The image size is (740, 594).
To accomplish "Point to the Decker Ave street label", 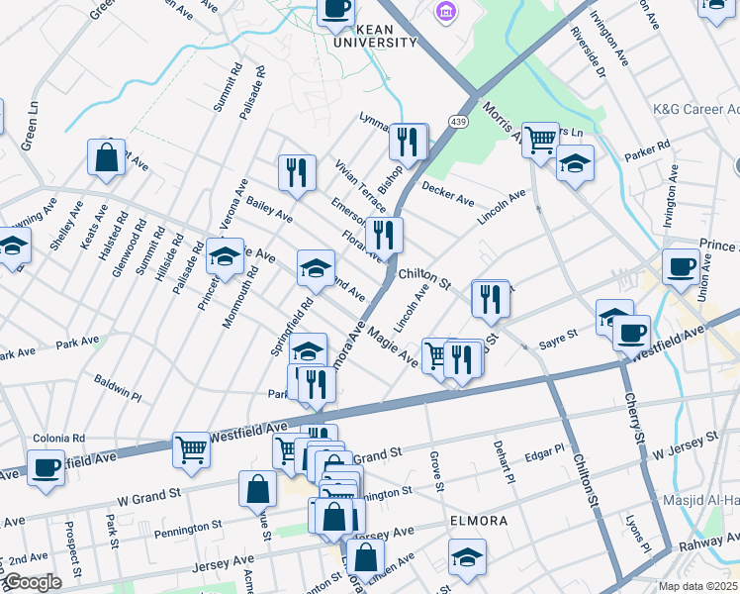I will tap(448, 193).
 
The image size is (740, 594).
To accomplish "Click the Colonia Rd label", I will tap(59, 437).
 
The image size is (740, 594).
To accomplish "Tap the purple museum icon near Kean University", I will tap(446, 12).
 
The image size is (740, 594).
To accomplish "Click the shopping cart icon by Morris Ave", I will tap(539, 140).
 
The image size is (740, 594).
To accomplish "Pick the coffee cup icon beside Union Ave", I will tap(681, 266).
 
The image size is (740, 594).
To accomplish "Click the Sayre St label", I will tap(557, 343).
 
